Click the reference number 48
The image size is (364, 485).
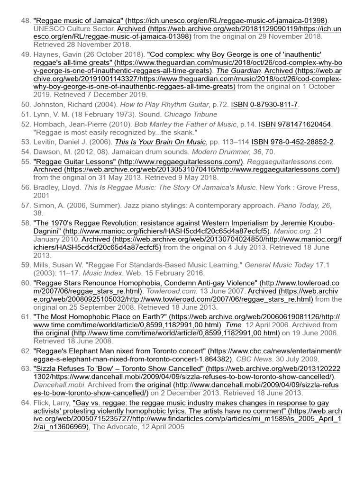[26, 21]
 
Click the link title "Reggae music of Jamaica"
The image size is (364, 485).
[79, 21]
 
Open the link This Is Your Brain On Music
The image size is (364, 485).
[160, 142]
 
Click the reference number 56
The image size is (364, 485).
[26, 188]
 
